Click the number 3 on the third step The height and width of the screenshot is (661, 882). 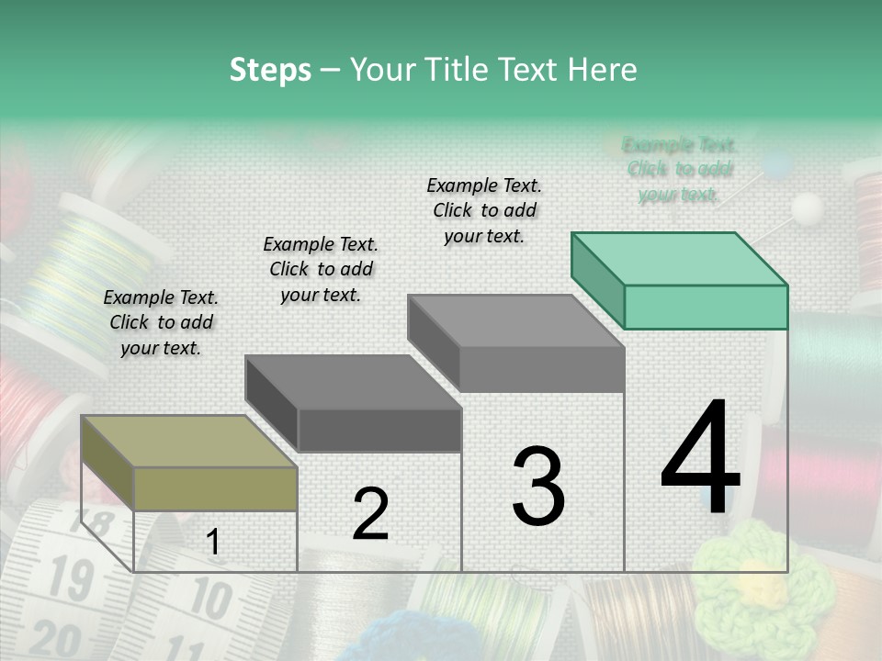[538, 486]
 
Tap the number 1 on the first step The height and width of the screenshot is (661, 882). [213, 543]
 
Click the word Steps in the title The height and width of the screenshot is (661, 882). [270, 70]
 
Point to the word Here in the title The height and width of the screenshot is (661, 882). [603, 70]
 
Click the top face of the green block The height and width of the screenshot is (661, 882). [679, 259]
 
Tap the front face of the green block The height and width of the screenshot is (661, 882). [706, 307]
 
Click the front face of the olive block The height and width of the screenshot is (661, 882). [215, 489]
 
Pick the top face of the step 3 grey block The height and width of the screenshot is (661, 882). [515, 321]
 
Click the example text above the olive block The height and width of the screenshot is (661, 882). [161, 322]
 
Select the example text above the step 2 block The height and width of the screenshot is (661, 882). [321, 269]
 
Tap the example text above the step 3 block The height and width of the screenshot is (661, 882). [484, 210]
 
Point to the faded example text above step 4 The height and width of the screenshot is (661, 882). [680, 169]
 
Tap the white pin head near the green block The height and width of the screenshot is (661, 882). [808, 207]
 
